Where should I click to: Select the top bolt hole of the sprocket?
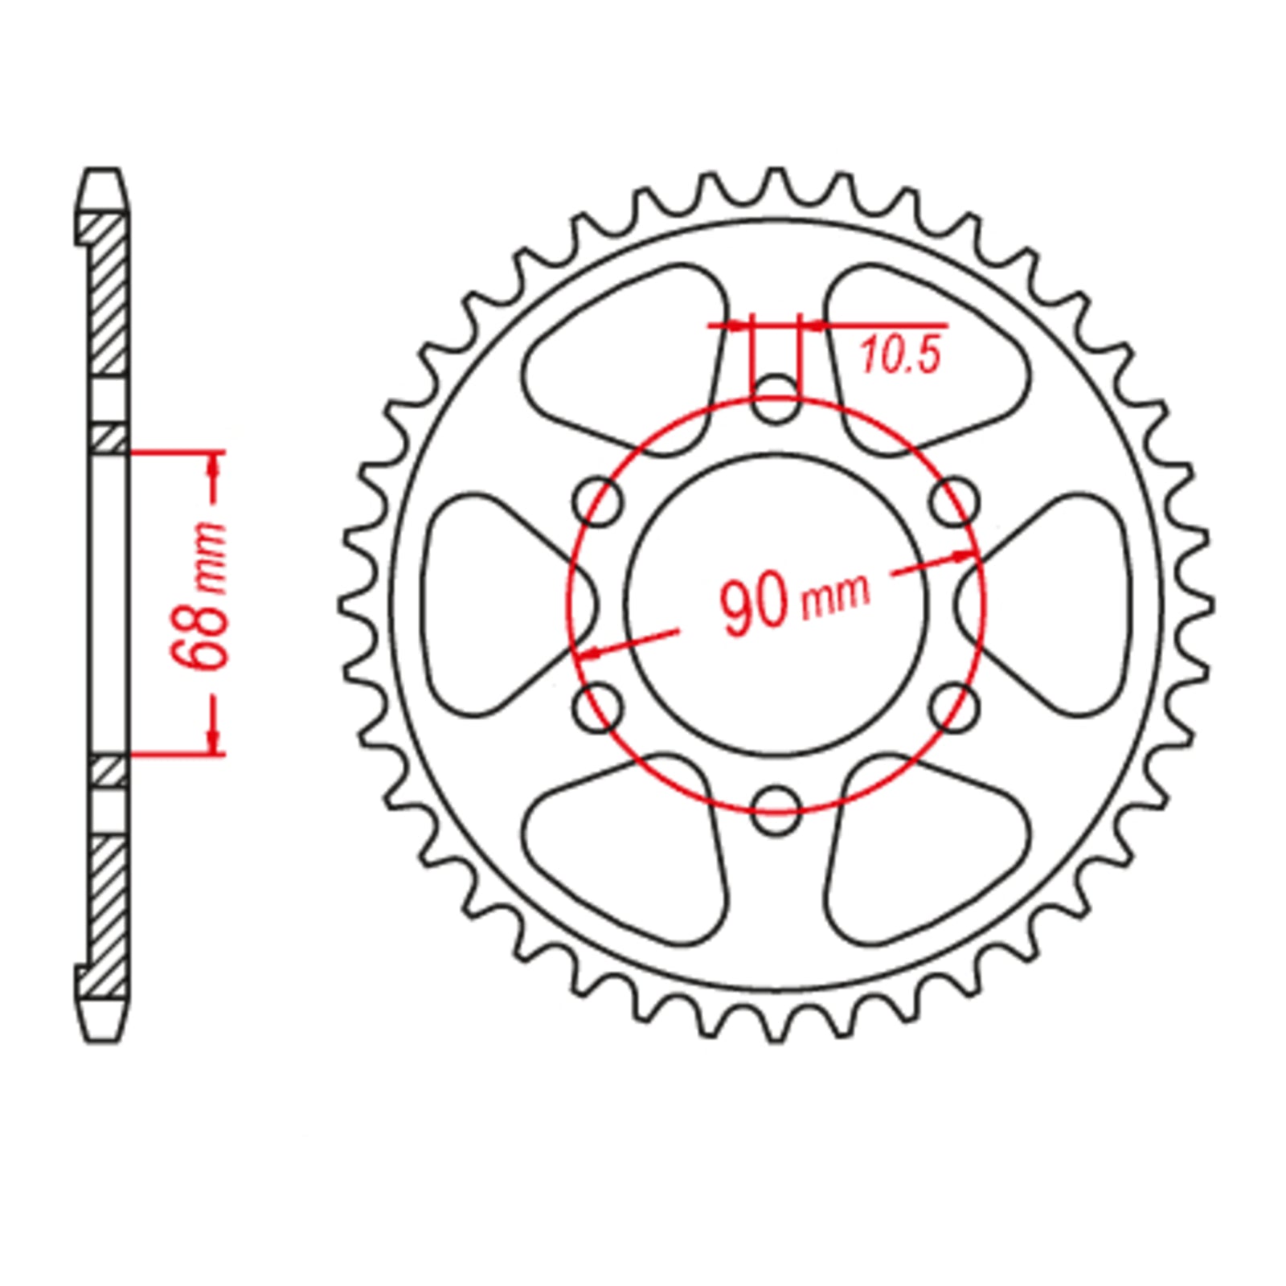tap(776, 398)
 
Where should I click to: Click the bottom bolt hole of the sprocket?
tap(776, 809)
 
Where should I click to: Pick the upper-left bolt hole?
tap(598, 502)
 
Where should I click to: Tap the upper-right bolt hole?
tap(956, 502)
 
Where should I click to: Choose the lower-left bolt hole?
tap(598, 707)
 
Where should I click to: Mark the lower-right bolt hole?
tap(956, 707)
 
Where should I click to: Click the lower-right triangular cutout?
tap(924, 852)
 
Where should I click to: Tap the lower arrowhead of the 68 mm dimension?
tap(213, 743)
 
